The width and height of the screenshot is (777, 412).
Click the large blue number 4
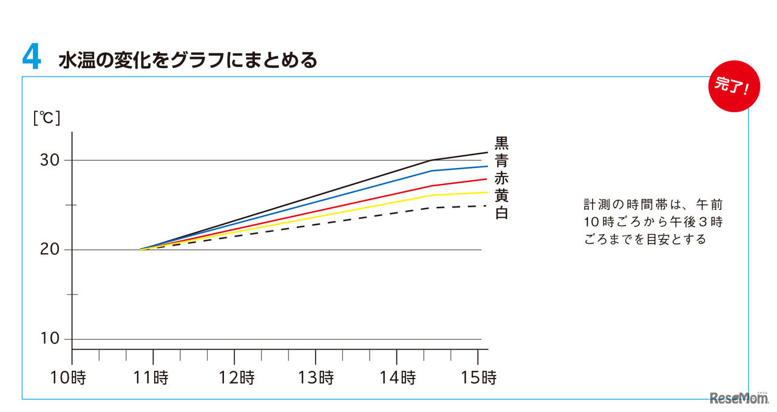tap(32, 58)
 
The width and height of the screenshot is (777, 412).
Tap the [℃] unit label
tap(47, 117)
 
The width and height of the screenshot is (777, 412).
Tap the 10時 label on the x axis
tap(68, 378)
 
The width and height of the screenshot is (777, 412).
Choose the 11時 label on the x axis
tap(151, 378)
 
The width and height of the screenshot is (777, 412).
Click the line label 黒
tap(501, 143)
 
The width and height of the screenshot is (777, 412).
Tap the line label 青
tap(501, 161)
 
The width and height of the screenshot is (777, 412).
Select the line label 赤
tap(501, 178)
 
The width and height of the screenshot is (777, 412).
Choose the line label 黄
tap(501, 196)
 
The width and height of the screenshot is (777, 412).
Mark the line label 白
tap(501, 214)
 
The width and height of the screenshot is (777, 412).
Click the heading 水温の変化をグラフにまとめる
tap(188, 61)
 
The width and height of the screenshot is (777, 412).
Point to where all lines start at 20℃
tap(140, 249)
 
